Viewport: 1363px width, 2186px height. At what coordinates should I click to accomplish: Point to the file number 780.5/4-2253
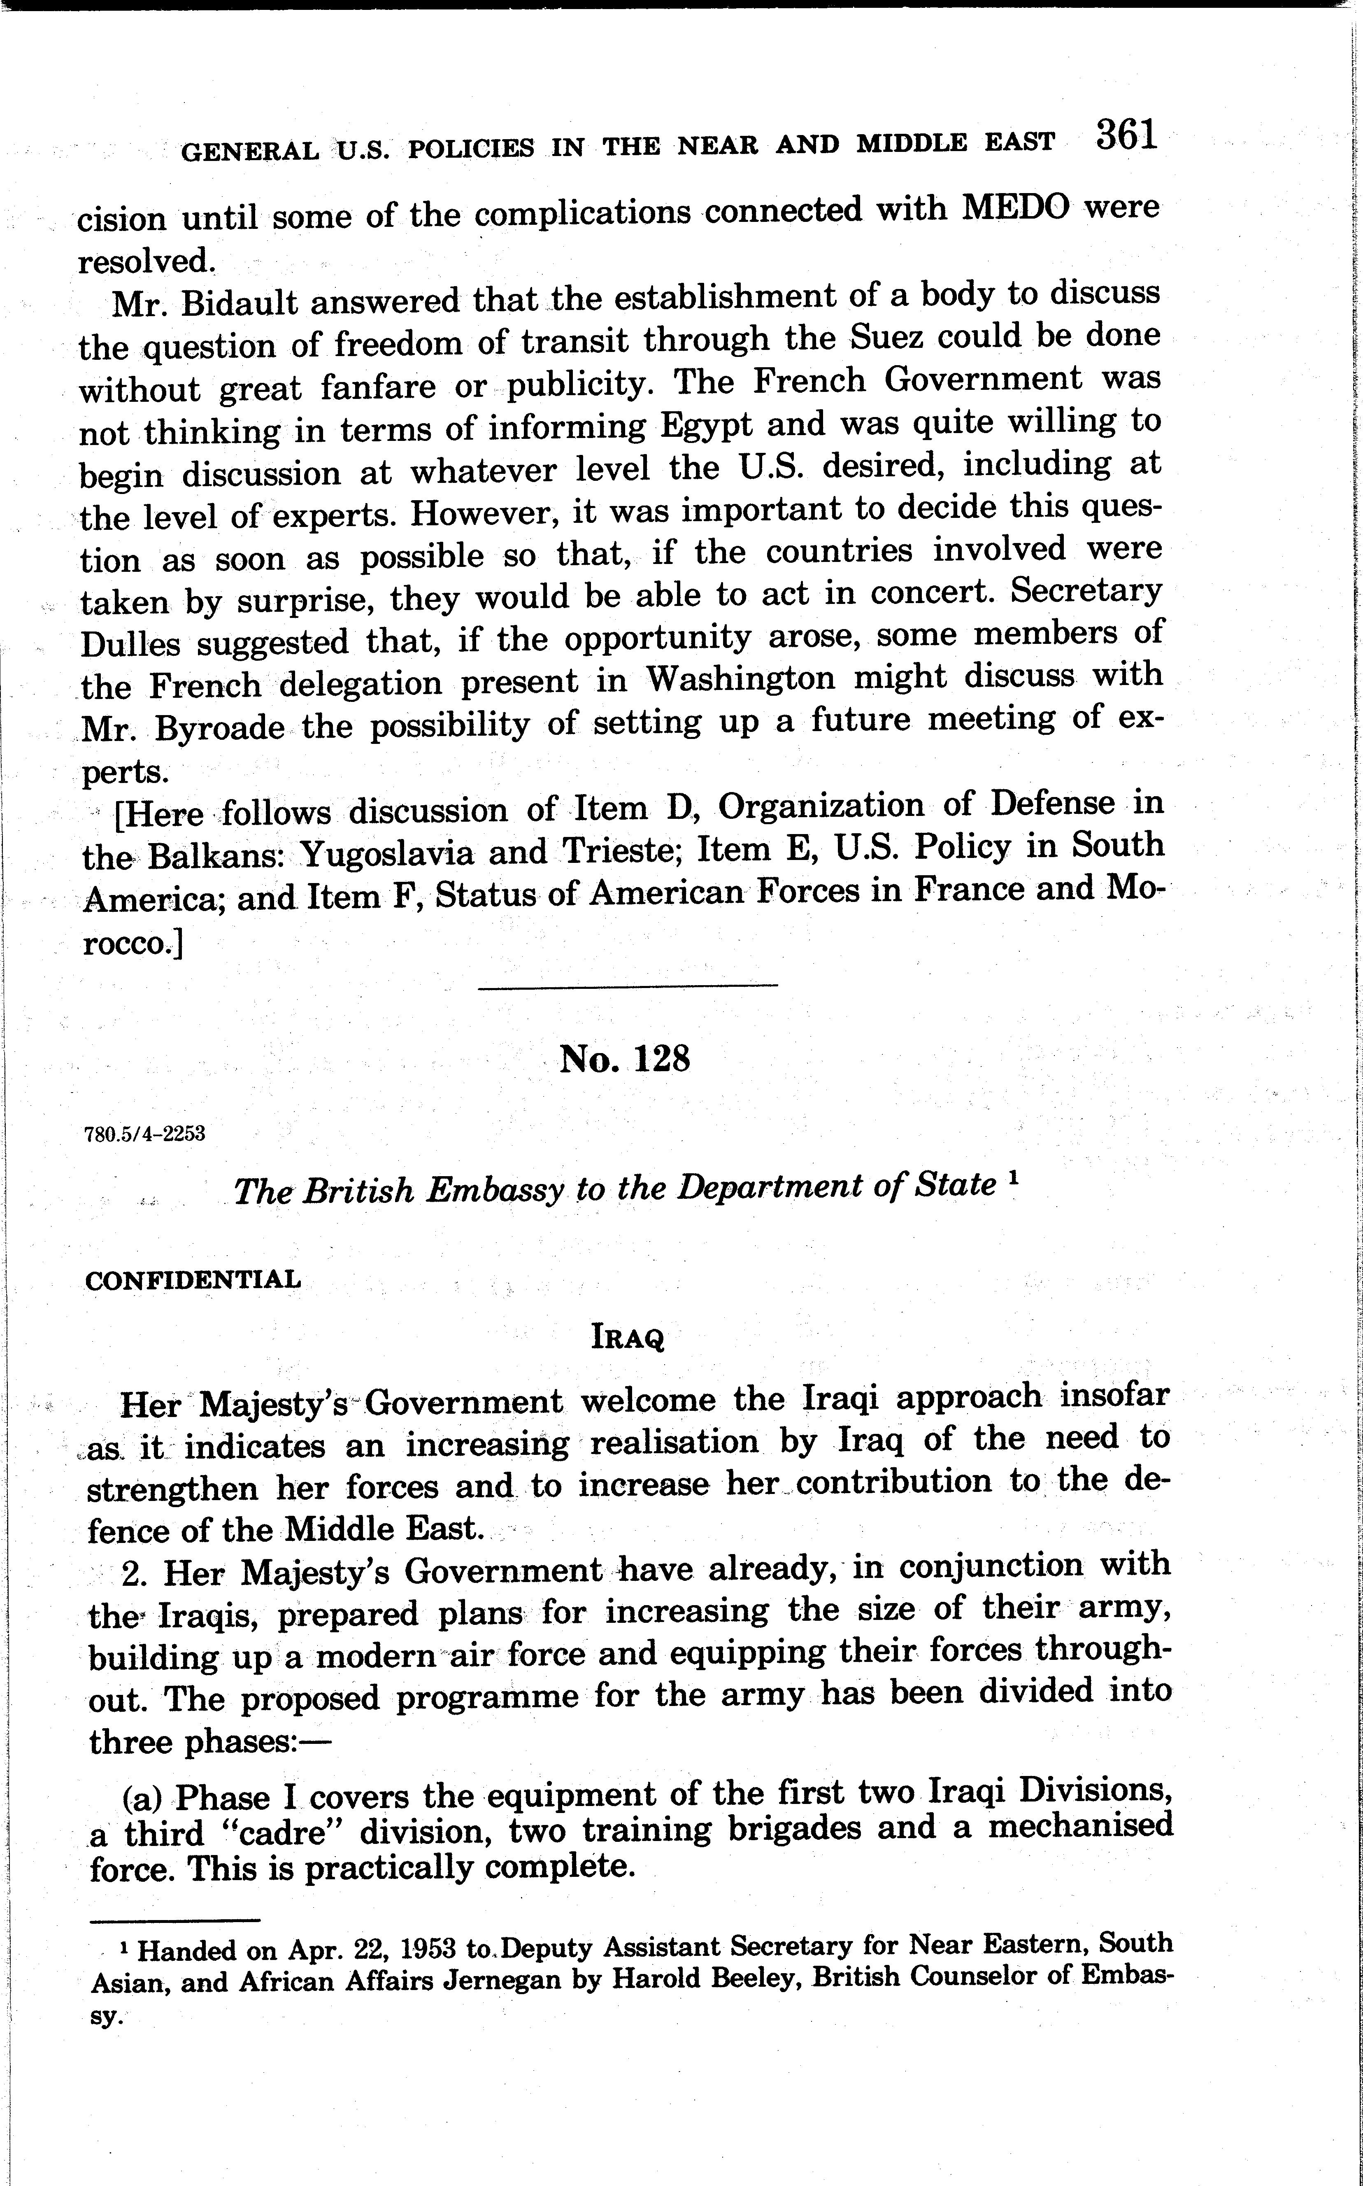click(144, 1134)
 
